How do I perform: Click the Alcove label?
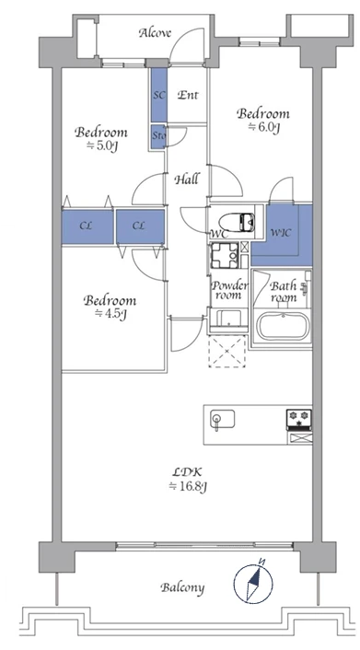(x=155, y=33)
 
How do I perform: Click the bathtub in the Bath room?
(x=284, y=326)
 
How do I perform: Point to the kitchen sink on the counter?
(x=222, y=420)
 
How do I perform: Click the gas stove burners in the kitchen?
(x=299, y=419)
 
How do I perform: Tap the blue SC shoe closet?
(x=159, y=95)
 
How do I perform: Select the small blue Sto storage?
(x=158, y=137)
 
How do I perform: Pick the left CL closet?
(x=87, y=226)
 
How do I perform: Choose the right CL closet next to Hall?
(x=140, y=226)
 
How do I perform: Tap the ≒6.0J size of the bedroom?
(x=263, y=127)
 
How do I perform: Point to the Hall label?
(x=187, y=180)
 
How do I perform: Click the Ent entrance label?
(x=188, y=95)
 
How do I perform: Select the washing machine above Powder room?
(x=225, y=255)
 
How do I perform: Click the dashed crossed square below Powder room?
(x=226, y=352)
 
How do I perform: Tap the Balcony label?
(x=182, y=587)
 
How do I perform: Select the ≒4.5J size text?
(x=110, y=314)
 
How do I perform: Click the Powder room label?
(x=229, y=290)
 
